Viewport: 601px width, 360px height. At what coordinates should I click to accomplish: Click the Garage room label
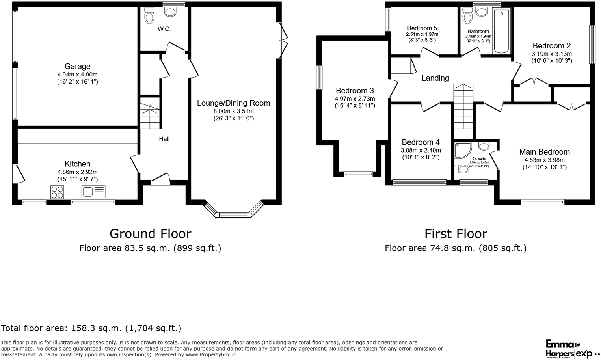[x=77, y=67]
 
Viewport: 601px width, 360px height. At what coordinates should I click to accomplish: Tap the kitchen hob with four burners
[x=57, y=192]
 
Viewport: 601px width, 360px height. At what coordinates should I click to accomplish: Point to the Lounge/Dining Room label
[x=233, y=103]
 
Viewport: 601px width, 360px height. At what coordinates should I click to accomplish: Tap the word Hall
[x=164, y=139]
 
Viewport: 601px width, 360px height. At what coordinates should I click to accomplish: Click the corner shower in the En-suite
[x=462, y=150]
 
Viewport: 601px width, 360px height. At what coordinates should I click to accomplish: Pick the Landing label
[x=435, y=78]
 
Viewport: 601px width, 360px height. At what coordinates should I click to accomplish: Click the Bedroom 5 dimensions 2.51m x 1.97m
[x=422, y=34]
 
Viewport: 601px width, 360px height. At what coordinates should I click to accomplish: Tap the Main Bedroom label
[x=544, y=152]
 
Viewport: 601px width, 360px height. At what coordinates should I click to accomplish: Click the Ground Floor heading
[x=150, y=234]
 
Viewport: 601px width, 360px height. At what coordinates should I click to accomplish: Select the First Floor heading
[x=456, y=234]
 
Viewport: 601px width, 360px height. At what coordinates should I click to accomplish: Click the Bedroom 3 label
[x=355, y=91]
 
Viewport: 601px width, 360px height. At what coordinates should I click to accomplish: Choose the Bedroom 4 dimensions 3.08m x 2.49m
[x=421, y=150]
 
